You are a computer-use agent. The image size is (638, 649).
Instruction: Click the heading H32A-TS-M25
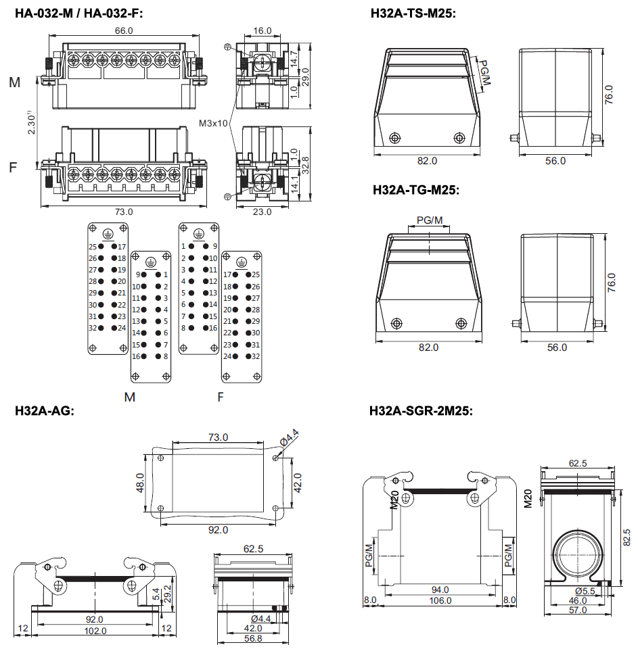pyautogui.click(x=413, y=13)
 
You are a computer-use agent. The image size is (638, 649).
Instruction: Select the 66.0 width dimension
pyautogui.click(x=123, y=30)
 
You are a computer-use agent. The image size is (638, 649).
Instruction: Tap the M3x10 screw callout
pyautogui.click(x=214, y=124)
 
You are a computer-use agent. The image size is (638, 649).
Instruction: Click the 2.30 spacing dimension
pyautogui.click(x=31, y=124)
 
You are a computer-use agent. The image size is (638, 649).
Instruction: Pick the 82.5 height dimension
pyautogui.click(x=626, y=540)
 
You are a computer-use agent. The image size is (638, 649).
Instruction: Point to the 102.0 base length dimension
pyautogui.click(x=95, y=630)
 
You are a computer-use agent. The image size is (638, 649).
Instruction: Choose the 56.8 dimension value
pyautogui.click(x=252, y=638)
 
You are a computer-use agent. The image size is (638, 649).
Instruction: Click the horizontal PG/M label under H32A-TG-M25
pyautogui.click(x=430, y=220)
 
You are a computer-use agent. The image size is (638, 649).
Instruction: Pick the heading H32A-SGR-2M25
pyautogui.click(x=420, y=410)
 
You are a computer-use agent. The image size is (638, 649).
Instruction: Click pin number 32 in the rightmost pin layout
pyautogui.click(x=256, y=356)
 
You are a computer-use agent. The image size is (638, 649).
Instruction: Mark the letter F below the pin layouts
pyautogui.click(x=221, y=397)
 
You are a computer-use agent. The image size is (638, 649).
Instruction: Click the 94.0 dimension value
pyautogui.click(x=440, y=590)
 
